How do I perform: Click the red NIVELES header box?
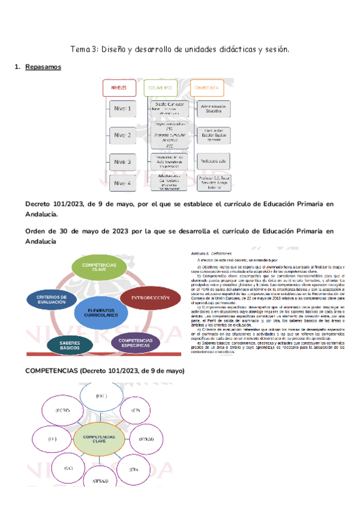pos(120,88)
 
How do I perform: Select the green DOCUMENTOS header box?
pos(160,88)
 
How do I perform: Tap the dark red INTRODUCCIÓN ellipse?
pos(151,298)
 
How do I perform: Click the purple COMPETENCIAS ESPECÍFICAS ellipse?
pos(136,343)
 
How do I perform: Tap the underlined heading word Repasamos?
pos(43,67)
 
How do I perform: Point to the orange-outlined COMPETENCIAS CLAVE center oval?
pos(97,439)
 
